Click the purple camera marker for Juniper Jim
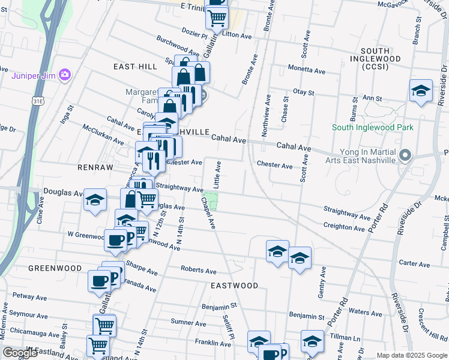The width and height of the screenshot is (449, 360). (x=65, y=76)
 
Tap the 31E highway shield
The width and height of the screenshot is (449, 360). (x=38, y=101)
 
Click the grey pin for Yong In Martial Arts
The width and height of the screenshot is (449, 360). (x=405, y=155)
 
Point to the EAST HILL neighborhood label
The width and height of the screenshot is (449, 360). (x=135, y=67)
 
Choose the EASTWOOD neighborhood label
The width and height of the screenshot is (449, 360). (x=235, y=286)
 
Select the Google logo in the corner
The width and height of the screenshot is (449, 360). (x=20, y=352)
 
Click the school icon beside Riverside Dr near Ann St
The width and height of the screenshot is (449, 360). (x=421, y=91)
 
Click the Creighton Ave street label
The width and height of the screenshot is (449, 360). (x=344, y=227)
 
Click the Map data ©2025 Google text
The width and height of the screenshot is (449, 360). (x=411, y=355)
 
